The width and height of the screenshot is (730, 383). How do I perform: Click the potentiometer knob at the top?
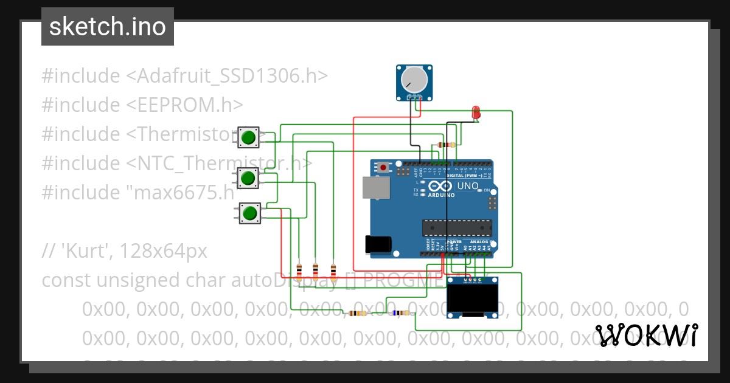pyautogui.click(x=415, y=79)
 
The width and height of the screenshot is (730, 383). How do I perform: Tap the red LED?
pyautogui.click(x=476, y=112)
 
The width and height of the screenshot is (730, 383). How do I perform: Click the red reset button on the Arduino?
pyautogui.click(x=383, y=167)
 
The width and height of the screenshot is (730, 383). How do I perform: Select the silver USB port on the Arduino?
pyautogui.click(x=375, y=188)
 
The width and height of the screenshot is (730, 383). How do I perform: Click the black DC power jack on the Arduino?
pyautogui.click(x=378, y=244)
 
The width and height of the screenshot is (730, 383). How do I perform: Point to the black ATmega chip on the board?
pyautogui.click(x=457, y=227)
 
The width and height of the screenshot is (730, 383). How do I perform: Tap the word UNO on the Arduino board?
pyautogui.click(x=468, y=186)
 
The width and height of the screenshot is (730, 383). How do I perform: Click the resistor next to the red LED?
pyautogui.click(x=447, y=145)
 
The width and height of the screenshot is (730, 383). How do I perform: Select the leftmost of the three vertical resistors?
pyautogui.click(x=299, y=269)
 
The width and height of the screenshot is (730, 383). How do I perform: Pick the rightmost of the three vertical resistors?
pyautogui.click(x=333, y=269)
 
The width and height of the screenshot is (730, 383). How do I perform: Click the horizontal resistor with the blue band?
pyautogui.click(x=401, y=313)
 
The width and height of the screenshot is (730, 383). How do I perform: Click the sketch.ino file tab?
pyautogui.click(x=108, y=27)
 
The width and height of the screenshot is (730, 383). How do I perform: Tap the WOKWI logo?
pyautogui.click(x=646, y=335)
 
